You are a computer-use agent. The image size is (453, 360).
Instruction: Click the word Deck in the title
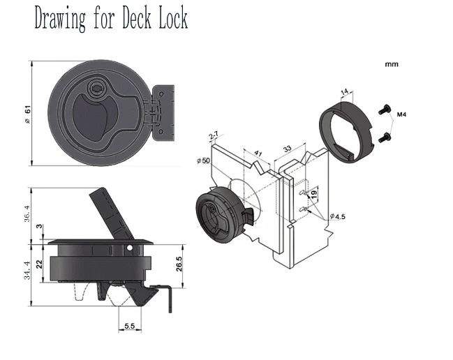(x=136, y=18)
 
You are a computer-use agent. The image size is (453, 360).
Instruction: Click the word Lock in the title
(x=173, y=18)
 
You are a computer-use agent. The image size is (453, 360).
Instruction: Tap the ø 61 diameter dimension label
(x=28, y=114)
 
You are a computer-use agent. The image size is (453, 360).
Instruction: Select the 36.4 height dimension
(x=27, y=213)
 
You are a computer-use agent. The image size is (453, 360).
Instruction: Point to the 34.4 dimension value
(x=27, y=270)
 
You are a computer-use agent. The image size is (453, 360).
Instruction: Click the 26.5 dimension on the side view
(x=179, y=264)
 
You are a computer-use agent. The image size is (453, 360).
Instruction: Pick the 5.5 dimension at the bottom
(x=129, y=326)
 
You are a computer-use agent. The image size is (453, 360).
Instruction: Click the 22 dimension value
(x=39, y=264)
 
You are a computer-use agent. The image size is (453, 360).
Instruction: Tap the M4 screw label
(x=401, y=114)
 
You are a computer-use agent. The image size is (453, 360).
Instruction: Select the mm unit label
(x=392, y=64)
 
